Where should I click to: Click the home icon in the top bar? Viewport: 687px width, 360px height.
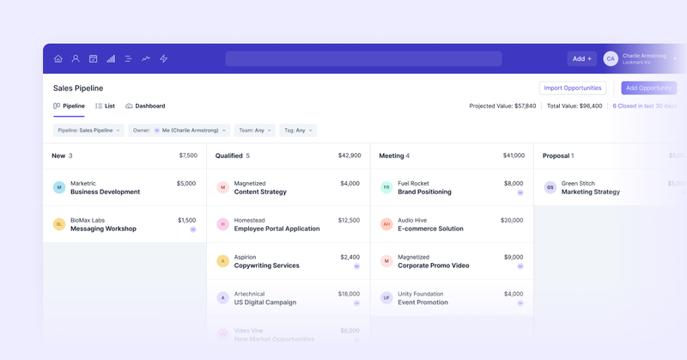tap(58, 59)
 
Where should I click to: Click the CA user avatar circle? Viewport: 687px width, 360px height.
tap(611, 58)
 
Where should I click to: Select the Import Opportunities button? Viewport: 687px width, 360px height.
tap(573, 88)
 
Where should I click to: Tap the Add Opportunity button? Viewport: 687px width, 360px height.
tap(648, 88)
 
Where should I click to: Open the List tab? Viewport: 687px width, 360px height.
tap(105, 106)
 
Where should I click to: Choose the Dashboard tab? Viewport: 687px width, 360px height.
tap(145, 106)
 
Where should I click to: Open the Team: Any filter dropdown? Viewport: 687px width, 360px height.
tap(255, 131)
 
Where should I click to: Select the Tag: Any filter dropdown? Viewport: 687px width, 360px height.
tap(298, 131)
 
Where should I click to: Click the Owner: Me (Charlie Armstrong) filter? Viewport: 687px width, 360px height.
tap(179, 131)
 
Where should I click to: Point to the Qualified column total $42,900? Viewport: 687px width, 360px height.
tap(349, 156)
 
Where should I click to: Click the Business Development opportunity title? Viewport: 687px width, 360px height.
tap(105, 192)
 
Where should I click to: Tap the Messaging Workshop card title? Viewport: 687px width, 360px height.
tap(103, 229)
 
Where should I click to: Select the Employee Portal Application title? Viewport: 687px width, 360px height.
tap(277, 229)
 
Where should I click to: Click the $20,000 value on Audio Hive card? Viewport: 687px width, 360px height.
tap(512, 220)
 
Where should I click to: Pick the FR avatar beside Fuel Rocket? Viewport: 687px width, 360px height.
tap(386, 187)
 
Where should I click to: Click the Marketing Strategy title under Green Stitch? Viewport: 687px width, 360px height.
tap(590, 192)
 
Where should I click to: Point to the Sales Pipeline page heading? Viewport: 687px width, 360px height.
tap(78, 88)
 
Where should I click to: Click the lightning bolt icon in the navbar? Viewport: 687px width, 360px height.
tap(164, 59)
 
